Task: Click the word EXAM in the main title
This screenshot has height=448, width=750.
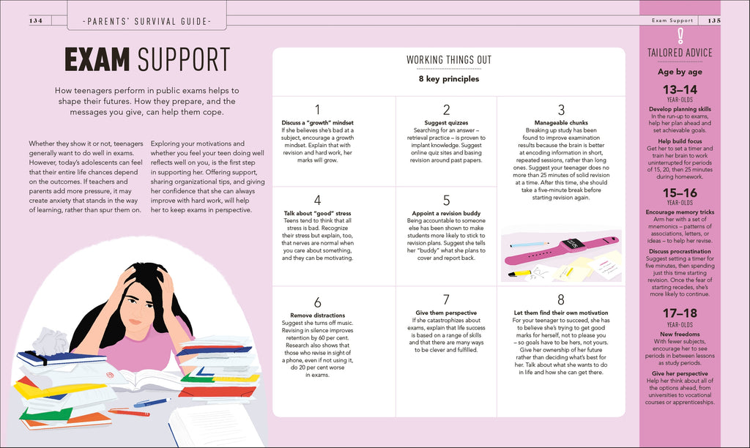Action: click(97, 59)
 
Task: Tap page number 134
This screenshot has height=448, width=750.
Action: click(36, 20)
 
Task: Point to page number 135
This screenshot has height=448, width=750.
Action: click(714, 20)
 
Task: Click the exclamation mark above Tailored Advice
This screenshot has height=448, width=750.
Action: click(680, 36)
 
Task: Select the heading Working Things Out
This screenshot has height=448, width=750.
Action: click(449, 60)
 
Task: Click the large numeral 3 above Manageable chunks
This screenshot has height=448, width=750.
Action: click(561, 110)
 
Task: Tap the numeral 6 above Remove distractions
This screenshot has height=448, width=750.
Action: click(317, 302)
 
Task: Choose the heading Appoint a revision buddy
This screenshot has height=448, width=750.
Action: click(446, 213)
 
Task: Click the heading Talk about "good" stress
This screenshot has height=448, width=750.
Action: click(317, 213)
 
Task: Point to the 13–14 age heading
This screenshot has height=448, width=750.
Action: click(680, 89)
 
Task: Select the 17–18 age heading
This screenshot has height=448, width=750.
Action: click(680, 313)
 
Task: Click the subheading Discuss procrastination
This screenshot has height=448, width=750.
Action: click(680, 251)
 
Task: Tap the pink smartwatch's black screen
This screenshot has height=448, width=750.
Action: click(573, 243)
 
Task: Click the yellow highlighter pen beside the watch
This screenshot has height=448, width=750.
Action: click(519, 274)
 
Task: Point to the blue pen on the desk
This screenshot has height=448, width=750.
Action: click(152, 403)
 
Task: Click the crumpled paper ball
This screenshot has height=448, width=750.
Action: click(51, 341)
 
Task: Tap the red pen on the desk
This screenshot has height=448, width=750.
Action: click(129, 412)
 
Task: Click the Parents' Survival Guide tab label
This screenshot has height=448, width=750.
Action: click(146, 21)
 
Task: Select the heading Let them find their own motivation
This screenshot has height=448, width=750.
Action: click(561, 313)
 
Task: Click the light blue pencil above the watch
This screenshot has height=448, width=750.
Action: click(530, 244)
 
